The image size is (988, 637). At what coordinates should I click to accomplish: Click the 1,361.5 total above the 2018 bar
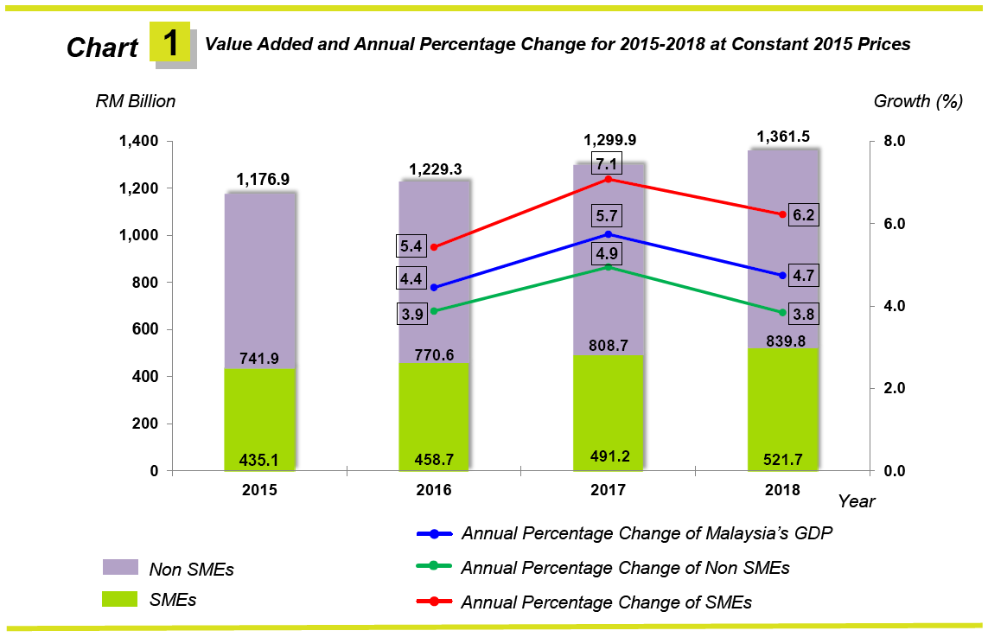(783, 137)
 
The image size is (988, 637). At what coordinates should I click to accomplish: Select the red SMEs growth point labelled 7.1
(609, 179)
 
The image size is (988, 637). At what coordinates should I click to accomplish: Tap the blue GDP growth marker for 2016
(434, 288)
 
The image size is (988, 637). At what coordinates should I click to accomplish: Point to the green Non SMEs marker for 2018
(782, 312)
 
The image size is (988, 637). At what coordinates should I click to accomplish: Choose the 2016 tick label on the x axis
(433, 490)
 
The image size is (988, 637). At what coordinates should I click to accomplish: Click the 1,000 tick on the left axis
(137, 235)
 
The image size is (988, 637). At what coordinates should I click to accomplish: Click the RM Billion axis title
(135, 101)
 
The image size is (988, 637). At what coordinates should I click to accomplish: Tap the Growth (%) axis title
(918, 101)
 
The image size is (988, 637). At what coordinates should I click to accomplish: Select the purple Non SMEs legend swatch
(121, 567)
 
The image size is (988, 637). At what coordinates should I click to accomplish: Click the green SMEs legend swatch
(121, 598)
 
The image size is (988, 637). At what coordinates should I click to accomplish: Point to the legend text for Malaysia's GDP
(647, 533)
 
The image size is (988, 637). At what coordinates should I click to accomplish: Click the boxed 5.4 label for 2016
(411, 247)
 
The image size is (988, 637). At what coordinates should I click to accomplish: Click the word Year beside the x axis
(856, 501)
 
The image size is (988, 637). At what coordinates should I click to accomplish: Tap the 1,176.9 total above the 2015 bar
(262, 180)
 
